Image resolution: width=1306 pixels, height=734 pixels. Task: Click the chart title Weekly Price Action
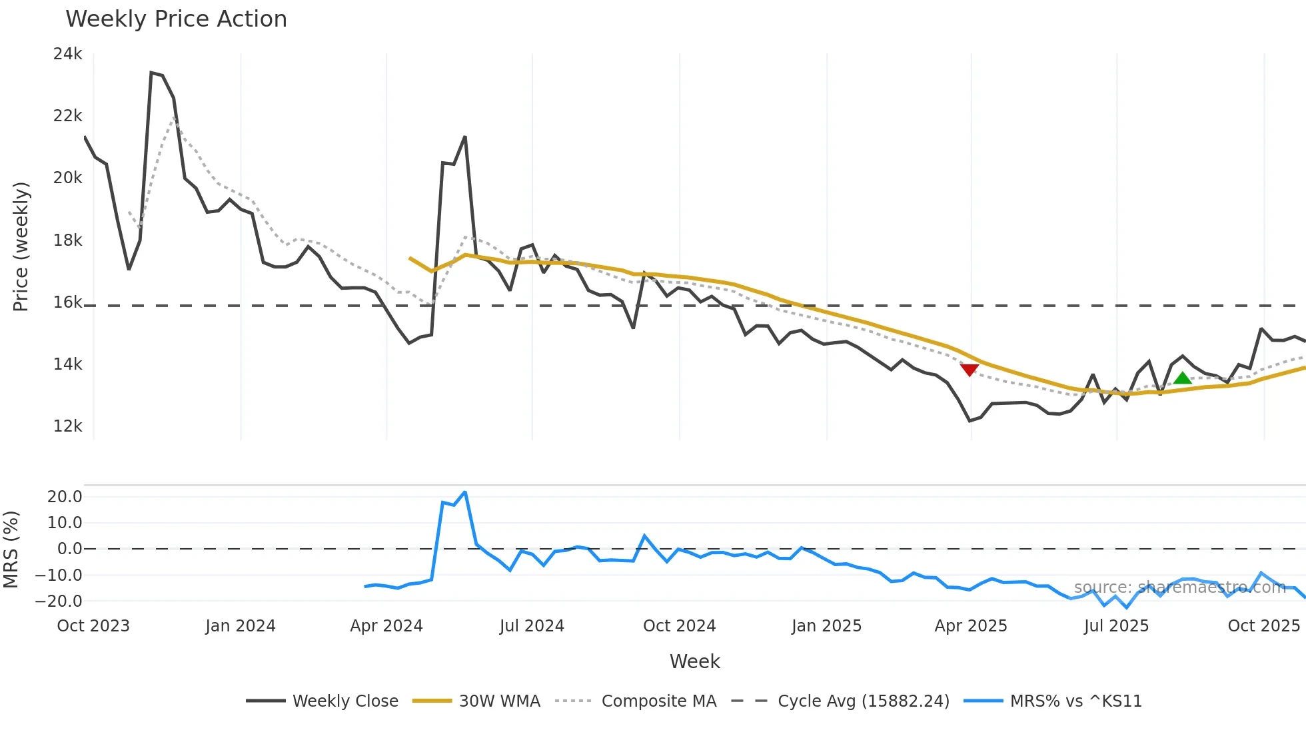point(176,19)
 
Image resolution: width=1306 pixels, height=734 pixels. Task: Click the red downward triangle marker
point(970,370)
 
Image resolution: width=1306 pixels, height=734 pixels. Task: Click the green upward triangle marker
point(1182,378)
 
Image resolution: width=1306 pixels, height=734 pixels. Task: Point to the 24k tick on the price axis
point(67,54)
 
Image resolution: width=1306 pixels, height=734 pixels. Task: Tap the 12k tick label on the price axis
point(67,426)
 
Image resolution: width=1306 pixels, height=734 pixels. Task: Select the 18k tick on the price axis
point(67,240)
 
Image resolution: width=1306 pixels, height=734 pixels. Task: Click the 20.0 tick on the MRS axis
point(65,497)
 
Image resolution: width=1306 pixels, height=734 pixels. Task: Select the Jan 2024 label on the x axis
point(240,626)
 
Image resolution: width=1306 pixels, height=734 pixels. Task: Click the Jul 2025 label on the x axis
point(1116,626)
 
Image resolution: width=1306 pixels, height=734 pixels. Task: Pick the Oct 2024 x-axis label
point(679,626)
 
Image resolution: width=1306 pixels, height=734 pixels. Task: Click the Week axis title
point(694,661)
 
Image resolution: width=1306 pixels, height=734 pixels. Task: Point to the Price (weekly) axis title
point(21,246)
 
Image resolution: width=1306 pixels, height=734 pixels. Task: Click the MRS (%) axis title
point(11,550)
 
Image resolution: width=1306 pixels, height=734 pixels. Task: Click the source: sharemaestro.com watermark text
point(1179,587)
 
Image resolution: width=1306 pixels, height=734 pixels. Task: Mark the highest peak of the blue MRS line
point(464,492)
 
